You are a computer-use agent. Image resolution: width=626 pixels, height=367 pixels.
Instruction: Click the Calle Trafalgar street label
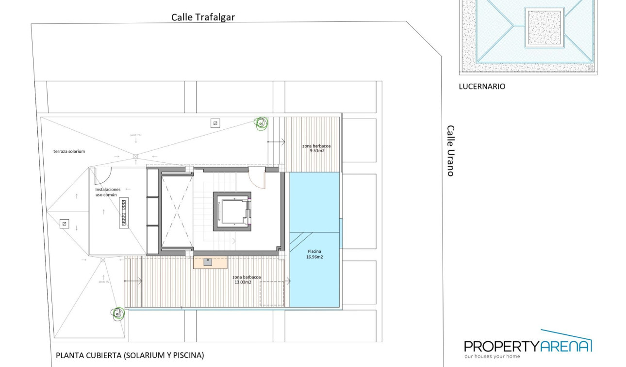[203, 17]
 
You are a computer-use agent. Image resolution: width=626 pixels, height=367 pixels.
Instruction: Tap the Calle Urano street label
[451, 151]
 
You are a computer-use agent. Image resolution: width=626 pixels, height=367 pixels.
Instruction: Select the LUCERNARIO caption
[482, 87]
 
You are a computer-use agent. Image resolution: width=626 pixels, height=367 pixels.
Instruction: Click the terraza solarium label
[69, 151]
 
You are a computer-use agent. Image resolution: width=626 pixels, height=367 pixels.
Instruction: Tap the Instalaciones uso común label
[108, 192]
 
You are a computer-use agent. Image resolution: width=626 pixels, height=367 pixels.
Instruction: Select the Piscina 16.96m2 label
[314, 254]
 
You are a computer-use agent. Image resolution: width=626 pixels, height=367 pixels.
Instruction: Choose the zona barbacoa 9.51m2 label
[313, 148]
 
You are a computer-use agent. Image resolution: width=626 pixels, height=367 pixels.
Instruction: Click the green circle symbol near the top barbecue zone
[262, 123]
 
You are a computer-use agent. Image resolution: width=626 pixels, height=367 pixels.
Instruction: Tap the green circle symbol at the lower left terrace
[117, 314]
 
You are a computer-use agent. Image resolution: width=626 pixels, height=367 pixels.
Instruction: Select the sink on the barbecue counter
[208, 262]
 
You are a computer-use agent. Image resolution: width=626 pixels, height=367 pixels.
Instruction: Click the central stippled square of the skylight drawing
[544, 28]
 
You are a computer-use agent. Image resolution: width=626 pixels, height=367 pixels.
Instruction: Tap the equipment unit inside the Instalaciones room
[124, 213]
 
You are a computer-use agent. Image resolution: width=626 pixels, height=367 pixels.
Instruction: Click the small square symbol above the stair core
[215, 123]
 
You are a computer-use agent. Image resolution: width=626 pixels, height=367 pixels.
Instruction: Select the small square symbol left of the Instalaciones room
[64, 224]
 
